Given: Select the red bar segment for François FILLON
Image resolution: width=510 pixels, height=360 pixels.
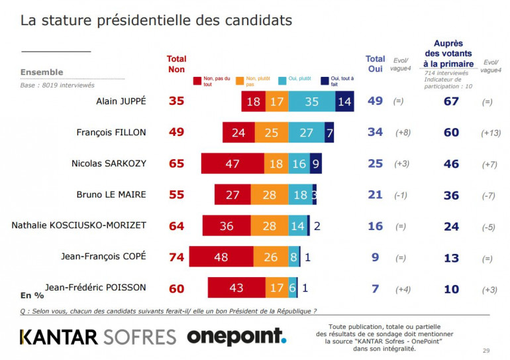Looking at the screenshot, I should coord(238,133).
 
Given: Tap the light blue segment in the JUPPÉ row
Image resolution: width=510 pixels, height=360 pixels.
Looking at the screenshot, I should coord(312,102).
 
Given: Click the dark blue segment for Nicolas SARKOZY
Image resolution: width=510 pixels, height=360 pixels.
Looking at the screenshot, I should coord(317,163).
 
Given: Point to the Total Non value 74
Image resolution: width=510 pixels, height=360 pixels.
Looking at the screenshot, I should coord(176,257).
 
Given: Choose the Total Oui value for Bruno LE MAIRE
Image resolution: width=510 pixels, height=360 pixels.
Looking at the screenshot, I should coord(375,194).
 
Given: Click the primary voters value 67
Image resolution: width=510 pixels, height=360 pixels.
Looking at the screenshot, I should coord(450,102).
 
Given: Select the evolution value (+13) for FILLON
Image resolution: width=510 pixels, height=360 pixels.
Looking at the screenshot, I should coord(491,133).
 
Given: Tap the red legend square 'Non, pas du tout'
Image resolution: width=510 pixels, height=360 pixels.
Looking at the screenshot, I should coord(197,80).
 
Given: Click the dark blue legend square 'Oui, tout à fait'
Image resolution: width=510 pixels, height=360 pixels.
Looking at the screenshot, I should coord(325,80).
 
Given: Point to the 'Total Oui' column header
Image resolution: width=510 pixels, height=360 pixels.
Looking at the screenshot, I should coord(375,64).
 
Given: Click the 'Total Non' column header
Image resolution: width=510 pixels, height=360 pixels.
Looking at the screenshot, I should coord(176,64).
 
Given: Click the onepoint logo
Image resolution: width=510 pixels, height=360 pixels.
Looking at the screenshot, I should coord(236,336).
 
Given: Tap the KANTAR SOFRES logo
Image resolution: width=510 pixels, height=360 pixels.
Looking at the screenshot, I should coord(98,337).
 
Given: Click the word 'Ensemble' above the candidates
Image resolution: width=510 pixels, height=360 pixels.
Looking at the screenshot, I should coord(42,72).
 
